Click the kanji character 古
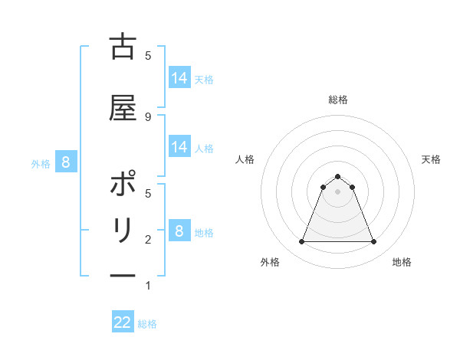[x=123, y=48]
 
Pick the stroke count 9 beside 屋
[x=148, y=116]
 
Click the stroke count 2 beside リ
[x=148, y=240]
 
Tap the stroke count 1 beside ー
[x=148, y=286]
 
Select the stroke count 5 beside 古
[x=148, y=55]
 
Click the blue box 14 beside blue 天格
[x=179, y=78]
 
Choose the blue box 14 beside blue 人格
[x=179, y=147]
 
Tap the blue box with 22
[x=123, y=322]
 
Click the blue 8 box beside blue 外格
[x=66, y=162]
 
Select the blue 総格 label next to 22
[x=147, y=324]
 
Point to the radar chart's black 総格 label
[x=337, y=100]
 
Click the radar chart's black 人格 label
[x=245, y=159]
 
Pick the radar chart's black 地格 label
[x=402, y=262]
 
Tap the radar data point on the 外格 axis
[x=301, y=242]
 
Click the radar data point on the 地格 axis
[x=373, y=242]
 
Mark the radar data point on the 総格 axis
[x=337, y=177]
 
